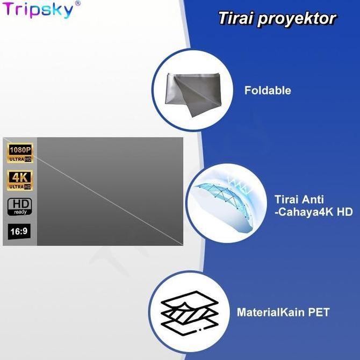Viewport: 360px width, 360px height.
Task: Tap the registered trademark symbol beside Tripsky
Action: coord(77,4)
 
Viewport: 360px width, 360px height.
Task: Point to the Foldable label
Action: coord(268,90)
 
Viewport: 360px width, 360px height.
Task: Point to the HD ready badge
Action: coord(20,207)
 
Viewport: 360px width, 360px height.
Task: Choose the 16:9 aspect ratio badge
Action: coord(20,232)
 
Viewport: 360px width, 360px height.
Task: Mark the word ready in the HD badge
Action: coord(20,212)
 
